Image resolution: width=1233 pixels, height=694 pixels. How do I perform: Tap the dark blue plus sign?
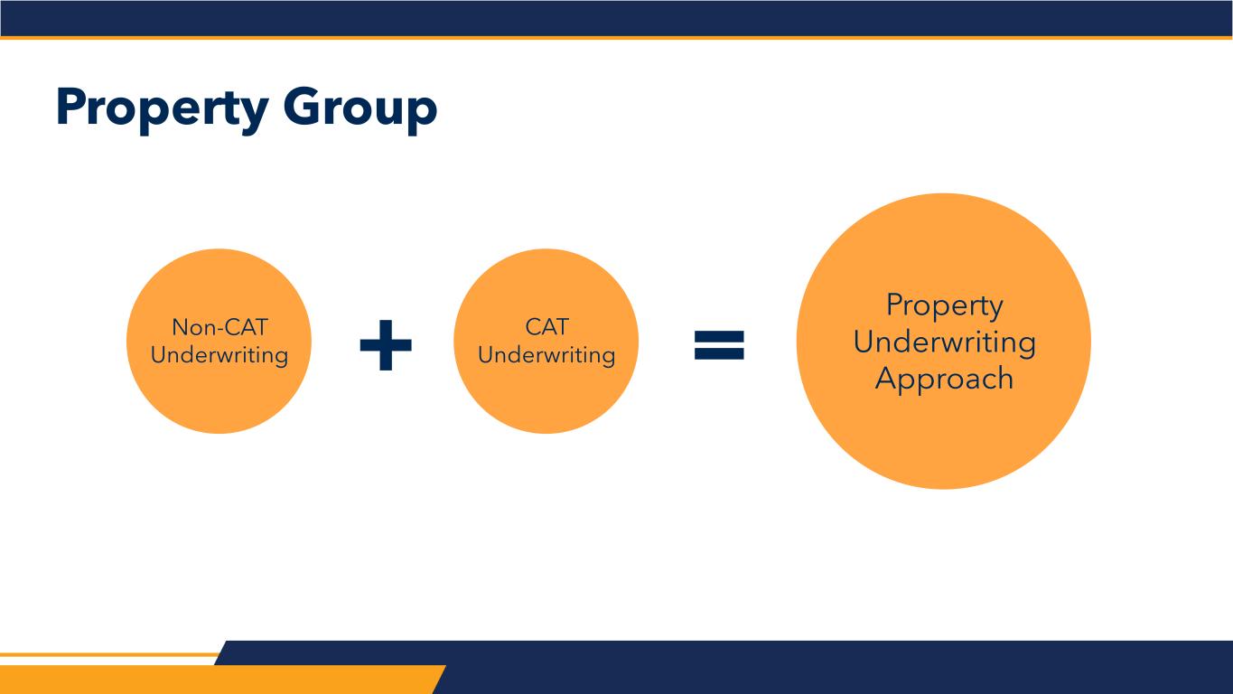click(386, 345)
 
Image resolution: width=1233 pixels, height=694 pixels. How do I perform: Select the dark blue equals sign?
click(719, 344)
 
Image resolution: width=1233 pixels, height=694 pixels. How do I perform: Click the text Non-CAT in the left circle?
click(220, 327)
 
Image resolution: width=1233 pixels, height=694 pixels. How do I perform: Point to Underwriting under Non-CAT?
click(220, 354)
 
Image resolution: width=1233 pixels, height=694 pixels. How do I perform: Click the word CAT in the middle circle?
click(546, 327)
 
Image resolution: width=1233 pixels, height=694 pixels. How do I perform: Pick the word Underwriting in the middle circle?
click(546, 354)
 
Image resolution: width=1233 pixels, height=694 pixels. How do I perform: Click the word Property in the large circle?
click(944, 305)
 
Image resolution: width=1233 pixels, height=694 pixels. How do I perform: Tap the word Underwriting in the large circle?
click(944, 342)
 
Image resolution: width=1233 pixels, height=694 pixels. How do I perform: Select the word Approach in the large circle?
click(944, 378)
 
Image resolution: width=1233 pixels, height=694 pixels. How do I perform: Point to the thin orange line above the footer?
click(108, 654)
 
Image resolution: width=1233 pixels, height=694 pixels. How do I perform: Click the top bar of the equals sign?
click(719, 334)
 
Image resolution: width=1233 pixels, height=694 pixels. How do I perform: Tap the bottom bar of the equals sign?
click(719, 354)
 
